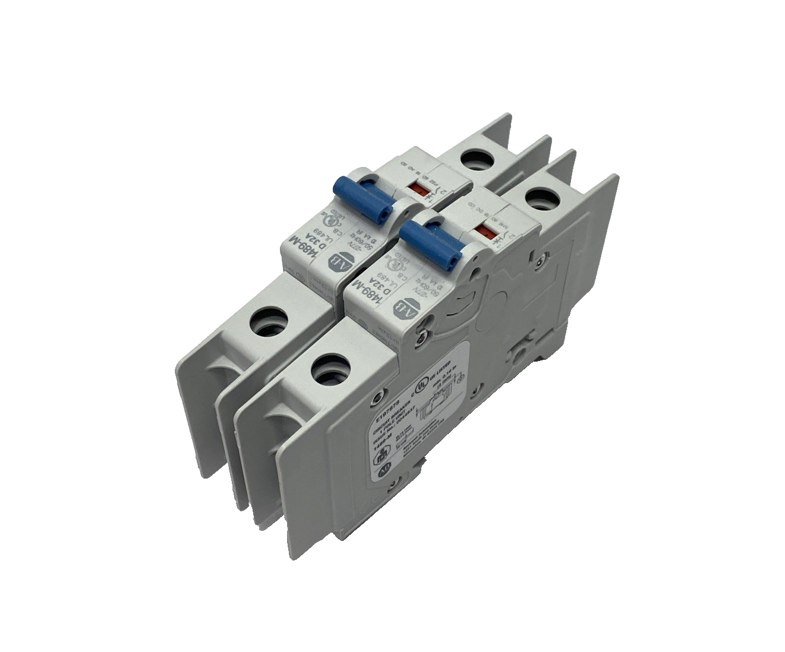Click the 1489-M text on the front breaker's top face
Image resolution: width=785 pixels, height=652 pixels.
pyautogui.click(x=361, y=290)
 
